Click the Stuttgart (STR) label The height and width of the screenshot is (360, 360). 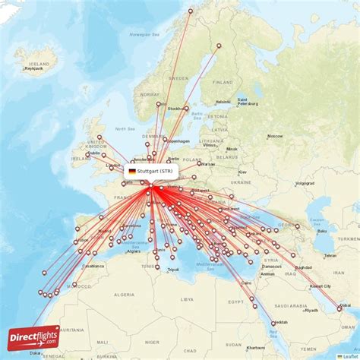(x=155, y=172)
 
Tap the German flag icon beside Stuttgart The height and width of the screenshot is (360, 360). (x=132, y=172)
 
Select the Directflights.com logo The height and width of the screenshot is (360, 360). (x=33, y=338)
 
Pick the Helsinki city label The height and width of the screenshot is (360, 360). (x=223, y=102)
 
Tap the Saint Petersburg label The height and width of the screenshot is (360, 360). (x=248, y=102)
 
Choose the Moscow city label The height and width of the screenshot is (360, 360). (x=275, y=137)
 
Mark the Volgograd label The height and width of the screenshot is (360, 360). (x=305, y=183)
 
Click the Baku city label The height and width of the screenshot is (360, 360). (x=322, y=231)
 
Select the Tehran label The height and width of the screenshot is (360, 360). (x=330, y=255)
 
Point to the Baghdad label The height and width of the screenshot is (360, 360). (x=303, y=267)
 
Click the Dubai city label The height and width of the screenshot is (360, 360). (x=346, y=305)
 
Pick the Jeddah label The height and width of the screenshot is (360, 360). (x=281, y=322)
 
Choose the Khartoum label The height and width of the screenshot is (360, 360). (x=256, y=347)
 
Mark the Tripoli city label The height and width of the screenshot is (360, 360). (x=173, y=270)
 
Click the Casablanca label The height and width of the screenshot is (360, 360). (x=93, y=267)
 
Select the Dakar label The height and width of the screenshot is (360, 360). (x=36, y=353)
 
